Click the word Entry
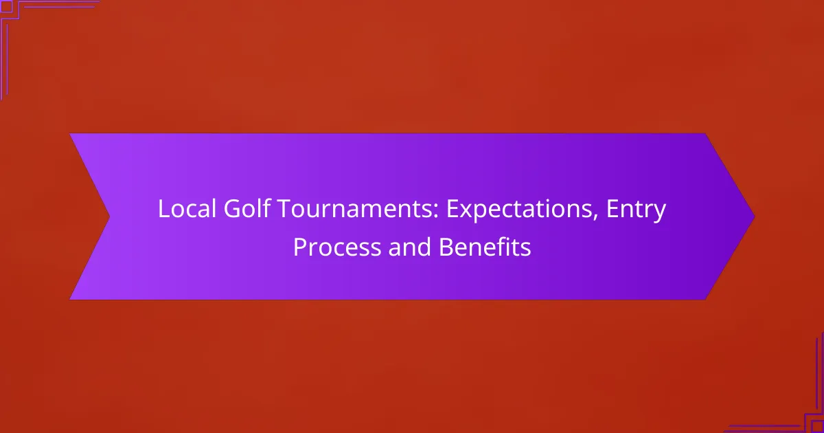click(x=638, y=210)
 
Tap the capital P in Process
click(x=299, y=247)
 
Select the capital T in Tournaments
click(x=284, y=210)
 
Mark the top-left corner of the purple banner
click(x=71, y=134)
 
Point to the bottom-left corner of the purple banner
click(x=71, y=299)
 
